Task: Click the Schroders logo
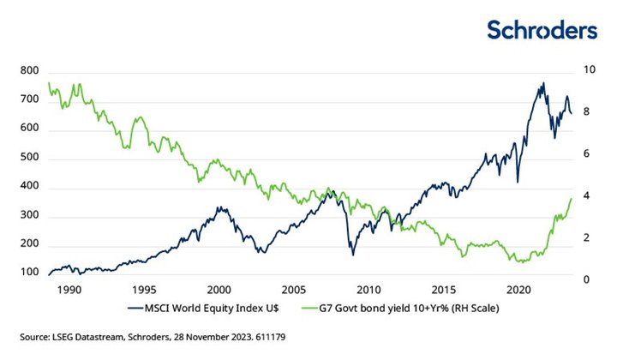[x=542, y=30]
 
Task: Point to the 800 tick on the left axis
[x=30, y=70]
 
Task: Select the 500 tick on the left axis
[x=30, y=159]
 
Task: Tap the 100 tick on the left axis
[x=30, y=273]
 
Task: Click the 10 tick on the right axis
[x=590, y=70]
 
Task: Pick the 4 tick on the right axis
[x=588, y=196]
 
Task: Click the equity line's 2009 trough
[x=352, y=255]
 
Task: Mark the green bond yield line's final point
[x=572, y=198]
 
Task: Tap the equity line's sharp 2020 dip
[x=517, y=182]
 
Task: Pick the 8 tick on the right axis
[x=588, y=112]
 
